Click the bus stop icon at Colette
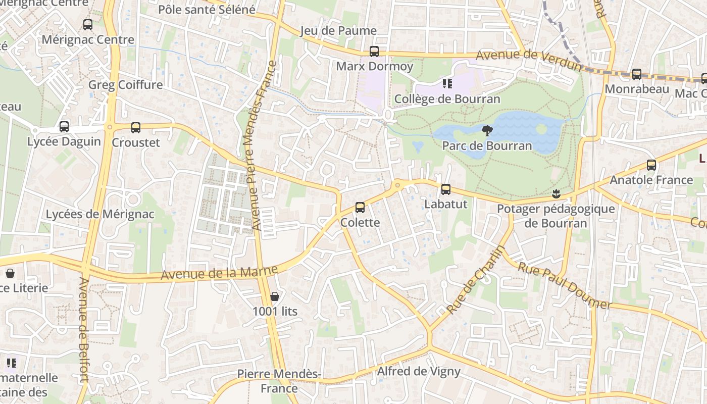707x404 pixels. point(360,207)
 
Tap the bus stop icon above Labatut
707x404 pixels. point(445,189)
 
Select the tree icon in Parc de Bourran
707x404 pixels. point(487,131)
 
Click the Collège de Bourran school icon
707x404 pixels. point(447,83)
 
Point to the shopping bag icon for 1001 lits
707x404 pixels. point(274,296)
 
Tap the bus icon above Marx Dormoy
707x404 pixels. point(374,51)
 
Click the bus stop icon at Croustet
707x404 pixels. point(135,128)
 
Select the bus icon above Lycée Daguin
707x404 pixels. point(64,127)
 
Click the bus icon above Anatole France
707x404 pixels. point(651,165)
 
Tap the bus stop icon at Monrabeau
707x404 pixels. point(636,74)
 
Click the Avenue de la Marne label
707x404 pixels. point(219,273)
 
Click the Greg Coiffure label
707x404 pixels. point(125,84)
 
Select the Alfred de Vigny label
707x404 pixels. point(419,372)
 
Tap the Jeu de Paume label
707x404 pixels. point(338,31)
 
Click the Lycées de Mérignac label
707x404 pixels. point(100,214)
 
